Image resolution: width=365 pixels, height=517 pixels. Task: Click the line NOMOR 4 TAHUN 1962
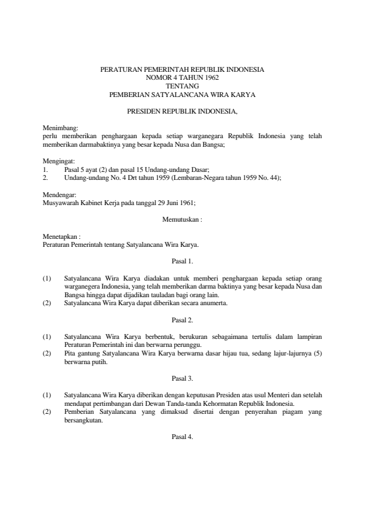pos(182,78)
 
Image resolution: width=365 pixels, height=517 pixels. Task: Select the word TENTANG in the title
pos(182,87)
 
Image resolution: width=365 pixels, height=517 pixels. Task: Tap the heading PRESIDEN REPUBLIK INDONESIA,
pos(182,112)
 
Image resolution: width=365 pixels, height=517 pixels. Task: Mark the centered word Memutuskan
pos(181,219)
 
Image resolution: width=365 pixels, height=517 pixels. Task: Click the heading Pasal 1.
pos(182,261)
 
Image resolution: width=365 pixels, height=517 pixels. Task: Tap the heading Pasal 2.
pos(182,320)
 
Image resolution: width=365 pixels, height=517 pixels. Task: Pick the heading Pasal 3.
pos(182,379)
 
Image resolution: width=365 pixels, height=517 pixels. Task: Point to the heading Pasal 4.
pos(182,437)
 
